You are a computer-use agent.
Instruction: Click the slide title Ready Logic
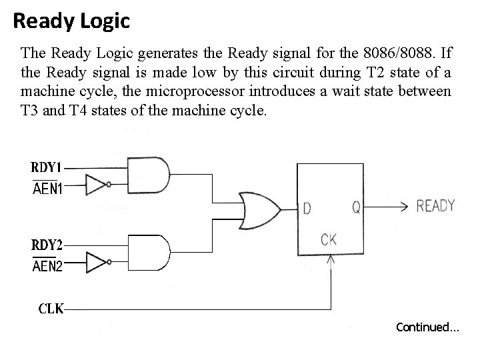[71, 21]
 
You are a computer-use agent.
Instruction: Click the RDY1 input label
[49, 167]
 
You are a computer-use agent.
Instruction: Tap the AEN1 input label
[48, 189]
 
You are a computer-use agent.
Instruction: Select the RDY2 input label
[49, 244]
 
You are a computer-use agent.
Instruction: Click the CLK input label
[50, 309]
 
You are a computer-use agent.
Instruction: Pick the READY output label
[435, 206]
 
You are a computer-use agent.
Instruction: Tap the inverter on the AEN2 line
[97, 263]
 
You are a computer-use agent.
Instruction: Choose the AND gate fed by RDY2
[148, 253]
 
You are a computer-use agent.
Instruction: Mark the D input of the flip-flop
[307, 208]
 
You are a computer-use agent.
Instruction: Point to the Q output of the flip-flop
[357, 208]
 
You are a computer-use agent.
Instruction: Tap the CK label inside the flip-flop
[329, 239]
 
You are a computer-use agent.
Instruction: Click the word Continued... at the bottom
[427, 327]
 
